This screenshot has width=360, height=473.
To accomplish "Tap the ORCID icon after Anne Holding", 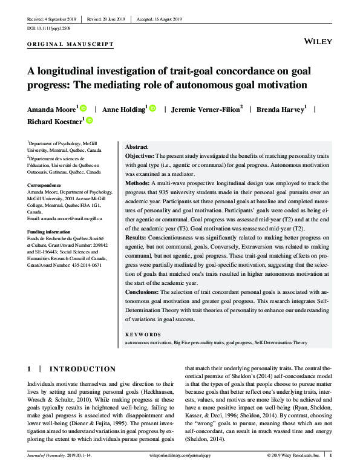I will [153, 108].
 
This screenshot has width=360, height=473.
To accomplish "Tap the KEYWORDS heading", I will [143, 334].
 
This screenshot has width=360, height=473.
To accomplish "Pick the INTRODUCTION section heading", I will [82, 369].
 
